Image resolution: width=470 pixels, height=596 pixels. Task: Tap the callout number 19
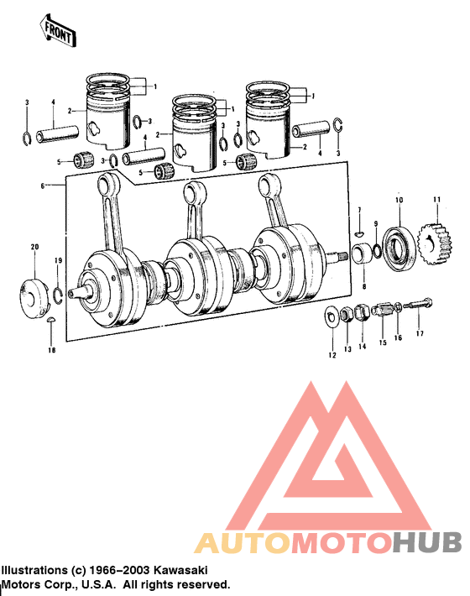[58, 263]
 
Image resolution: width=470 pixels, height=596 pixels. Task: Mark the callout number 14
[363, 346]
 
